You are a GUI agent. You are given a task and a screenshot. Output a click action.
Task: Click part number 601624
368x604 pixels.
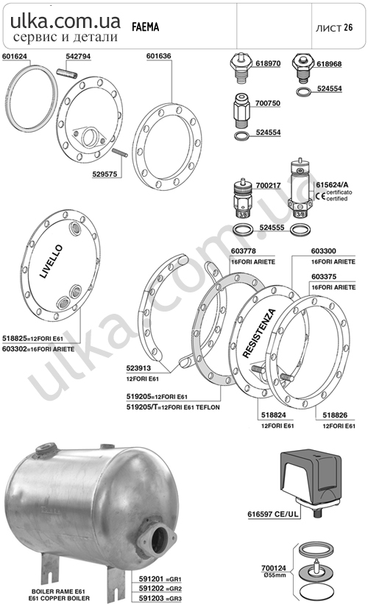pos(15,56)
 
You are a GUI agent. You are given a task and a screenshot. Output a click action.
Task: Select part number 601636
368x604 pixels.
pos(158,56)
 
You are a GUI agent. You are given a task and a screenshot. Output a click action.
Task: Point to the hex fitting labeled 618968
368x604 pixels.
pos(302,68)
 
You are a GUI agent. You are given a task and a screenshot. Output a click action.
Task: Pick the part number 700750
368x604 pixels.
pos(268,103)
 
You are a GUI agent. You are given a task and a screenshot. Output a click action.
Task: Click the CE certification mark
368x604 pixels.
pos(320,196)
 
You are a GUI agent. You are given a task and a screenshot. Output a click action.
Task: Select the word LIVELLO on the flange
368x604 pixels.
pos(51,261)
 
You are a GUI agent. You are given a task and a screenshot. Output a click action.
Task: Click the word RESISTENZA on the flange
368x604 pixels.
pos(259,333)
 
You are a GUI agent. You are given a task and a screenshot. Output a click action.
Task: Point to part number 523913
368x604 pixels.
pos(138,368)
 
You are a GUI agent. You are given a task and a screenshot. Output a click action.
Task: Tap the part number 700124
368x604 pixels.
pos(274,568)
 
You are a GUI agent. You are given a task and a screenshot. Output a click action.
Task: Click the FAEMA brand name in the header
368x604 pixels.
pos(146,27)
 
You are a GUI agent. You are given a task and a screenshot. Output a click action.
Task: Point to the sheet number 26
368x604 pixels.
pos(348,27)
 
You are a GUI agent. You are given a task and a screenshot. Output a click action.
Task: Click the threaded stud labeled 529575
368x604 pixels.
pos(120,152)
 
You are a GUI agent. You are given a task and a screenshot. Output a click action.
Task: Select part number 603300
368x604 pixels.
pos(323,251)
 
